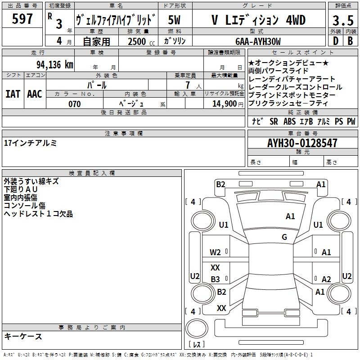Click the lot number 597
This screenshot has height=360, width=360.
[x=22, y=18]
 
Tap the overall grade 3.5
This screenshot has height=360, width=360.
[x=343, y=21]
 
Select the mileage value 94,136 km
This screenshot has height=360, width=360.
[x=55, y=65]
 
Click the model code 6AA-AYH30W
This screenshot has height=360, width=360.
[x=258, y=41]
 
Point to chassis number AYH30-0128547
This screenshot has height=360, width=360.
[x=302, y=143]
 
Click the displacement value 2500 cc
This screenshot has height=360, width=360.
[x=141, y=41]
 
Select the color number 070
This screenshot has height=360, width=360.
[x=75, y=104]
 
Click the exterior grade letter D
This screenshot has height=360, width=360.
[x=336, y=41]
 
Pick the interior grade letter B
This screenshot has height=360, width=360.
[x=350, y=41]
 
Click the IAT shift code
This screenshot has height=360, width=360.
[x=13, y=94]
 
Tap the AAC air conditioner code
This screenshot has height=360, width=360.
[x=35, y=94]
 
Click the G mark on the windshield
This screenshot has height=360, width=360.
[x=284, y=237]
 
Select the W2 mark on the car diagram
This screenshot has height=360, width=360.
[x=215, y=252]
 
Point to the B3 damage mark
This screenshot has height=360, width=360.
[x=216, y=279]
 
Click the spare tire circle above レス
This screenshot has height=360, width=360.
[x=197, y=328]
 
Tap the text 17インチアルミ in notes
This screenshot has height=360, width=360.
[x=30, y=143]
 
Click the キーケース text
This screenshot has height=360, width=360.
[x=23, y=336]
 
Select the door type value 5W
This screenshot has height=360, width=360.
[x=174, y=20]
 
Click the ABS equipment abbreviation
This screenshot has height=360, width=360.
[x=289, y=121]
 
